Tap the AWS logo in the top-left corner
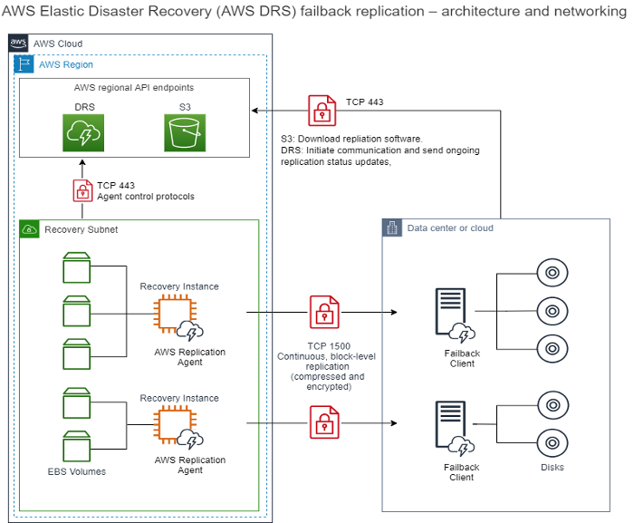[18, 44]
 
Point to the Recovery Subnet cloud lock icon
[29, 229]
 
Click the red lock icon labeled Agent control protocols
[83, 190]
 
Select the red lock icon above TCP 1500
[322, 313]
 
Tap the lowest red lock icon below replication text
[322, 422]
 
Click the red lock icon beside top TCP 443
[322, 111]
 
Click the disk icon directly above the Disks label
[552, 442]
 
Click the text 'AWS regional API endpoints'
[133, 88]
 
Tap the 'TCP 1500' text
[322, 346]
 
